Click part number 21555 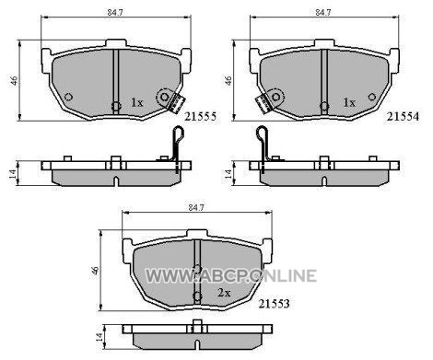(x=201, y=116)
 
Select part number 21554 (x=403, y=116)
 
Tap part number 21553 (x=274, y=304)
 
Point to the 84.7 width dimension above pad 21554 (x=322, y=13)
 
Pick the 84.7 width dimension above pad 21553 (x=196, y=207)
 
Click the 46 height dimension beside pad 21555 (x=14, y=80)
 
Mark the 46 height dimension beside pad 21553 (x=95, y=271)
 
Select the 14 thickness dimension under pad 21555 (x=12, y=174)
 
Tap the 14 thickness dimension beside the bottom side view (x=99, y=338)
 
